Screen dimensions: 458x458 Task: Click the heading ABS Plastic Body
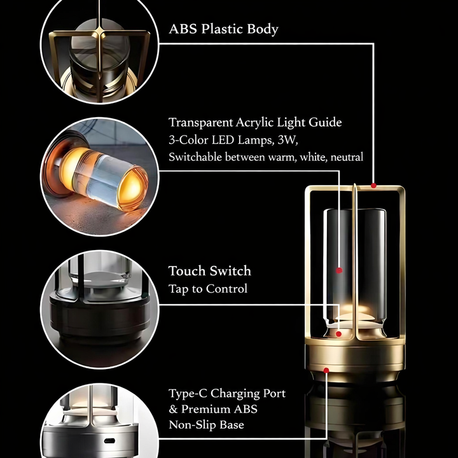click(x=223, y=29)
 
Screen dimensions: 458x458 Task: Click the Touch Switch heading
click(x=209, y=271)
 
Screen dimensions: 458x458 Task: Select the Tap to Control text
click(x=207, y=289)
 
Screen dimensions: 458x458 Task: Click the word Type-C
click(x=188, y=393)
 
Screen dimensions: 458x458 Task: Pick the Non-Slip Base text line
click(x=206, y=424)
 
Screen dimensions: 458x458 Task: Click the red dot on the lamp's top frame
click(x=373, y=186)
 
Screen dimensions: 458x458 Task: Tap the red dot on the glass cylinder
click(x=339, y=270)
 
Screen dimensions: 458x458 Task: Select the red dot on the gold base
click(x=326, y=369)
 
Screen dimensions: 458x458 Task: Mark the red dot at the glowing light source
click(x=338, y=333)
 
